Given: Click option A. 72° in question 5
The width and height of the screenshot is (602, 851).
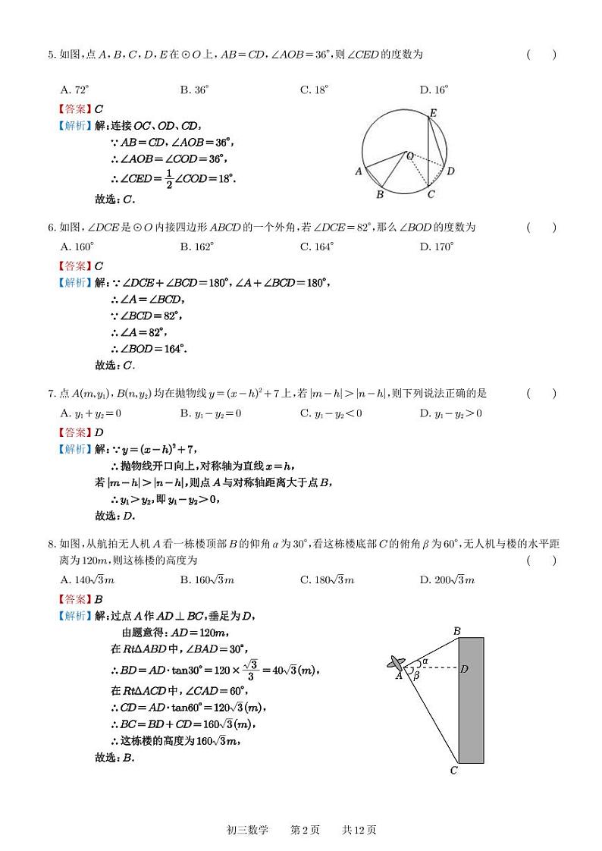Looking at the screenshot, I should [77, 89].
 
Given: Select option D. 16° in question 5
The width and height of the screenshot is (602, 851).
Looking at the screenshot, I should [434, 89].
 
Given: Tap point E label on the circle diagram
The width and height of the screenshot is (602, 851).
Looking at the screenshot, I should [432, 113].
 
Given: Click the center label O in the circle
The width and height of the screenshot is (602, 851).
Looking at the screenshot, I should [410, 155].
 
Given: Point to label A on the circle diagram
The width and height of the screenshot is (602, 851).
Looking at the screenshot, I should [359, 171].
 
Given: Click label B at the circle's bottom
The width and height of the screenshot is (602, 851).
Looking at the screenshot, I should [380, 195].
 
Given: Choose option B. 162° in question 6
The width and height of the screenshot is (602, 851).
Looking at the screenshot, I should [196, 247].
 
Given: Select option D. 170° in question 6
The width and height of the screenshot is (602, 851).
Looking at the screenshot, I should [436, 247].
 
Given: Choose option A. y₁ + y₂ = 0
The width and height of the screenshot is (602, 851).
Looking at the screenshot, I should [90, 413].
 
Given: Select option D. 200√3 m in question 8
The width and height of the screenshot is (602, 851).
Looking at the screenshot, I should [447, 580].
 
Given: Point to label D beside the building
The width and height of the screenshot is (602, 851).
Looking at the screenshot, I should [463, 669].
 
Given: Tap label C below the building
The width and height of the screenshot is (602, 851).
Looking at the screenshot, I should [453, 771].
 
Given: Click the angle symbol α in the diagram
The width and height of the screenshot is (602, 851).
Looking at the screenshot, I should [425, 661].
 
